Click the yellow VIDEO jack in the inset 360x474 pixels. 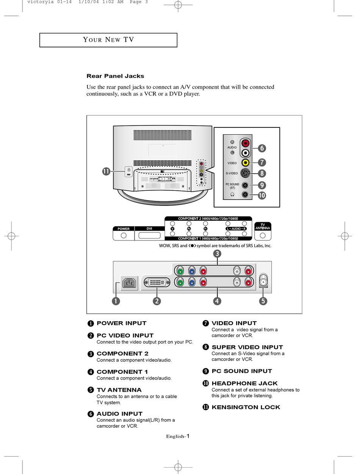[246, 163]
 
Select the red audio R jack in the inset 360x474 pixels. [246, 143]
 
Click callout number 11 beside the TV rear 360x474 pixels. [106, 171]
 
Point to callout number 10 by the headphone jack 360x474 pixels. [262, 196]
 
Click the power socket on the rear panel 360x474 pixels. [130, 283]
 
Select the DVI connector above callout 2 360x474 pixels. [157, 283]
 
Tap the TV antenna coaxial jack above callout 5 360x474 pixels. [263, 282]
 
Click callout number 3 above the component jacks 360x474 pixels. [217, 253]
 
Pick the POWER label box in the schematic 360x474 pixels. [124, 229]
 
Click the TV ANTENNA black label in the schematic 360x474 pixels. [263, 226]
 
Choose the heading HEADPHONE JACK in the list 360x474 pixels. [244, 383]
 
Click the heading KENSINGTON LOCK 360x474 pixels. [246, 407]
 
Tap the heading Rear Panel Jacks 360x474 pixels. [115, 76]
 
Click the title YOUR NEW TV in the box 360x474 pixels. [108, 40]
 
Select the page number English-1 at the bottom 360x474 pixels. [178, 436]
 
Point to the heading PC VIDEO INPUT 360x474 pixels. [125, 336]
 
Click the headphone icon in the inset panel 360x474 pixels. [232, 195]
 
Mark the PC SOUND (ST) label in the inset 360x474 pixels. [232, 186]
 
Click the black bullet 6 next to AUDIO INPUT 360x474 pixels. [91, 414]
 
